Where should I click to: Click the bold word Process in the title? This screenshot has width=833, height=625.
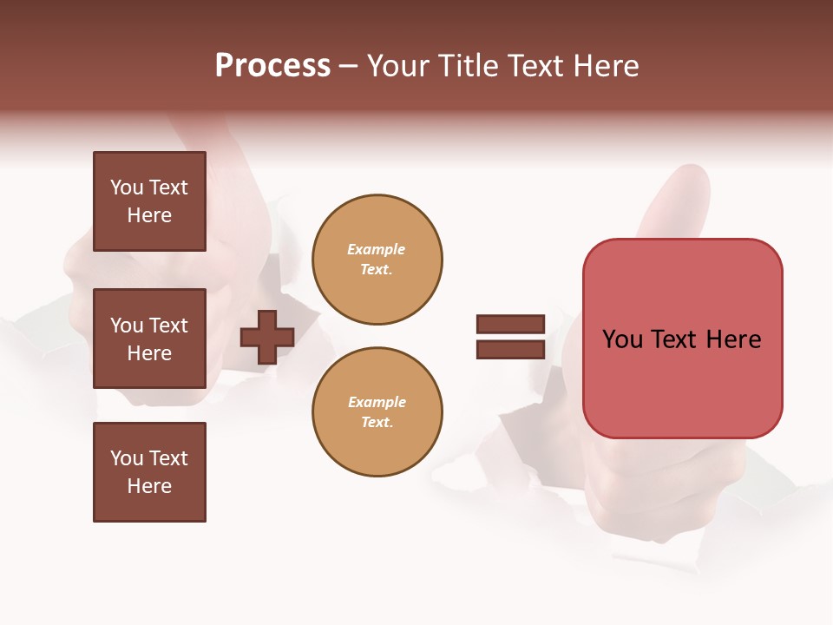(272, 66)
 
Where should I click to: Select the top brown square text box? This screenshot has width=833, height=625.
(149, 201)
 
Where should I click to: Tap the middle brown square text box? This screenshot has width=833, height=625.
(149, 339)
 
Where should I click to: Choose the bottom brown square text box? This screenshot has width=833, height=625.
(149, 472)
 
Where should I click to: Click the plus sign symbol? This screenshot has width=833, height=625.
(267, 337)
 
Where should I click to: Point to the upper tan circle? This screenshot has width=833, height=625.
(377, 259)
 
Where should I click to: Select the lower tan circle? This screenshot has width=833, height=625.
(377, 411)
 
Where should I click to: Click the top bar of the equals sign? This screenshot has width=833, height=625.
(510, 325)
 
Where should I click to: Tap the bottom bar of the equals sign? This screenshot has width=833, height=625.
(510, 349)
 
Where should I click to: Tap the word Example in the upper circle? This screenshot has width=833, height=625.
(377, 249)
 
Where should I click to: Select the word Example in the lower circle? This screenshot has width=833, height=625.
(377, 402)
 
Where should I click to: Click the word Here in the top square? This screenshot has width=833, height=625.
(149, 215)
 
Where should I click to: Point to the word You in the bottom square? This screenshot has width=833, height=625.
(127, 458)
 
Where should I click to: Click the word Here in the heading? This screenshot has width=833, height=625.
(606, 66)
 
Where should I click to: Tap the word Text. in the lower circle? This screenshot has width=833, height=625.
(377, 422)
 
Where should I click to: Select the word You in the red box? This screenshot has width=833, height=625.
(622, 339)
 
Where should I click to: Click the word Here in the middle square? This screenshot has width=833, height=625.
(149, 353)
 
